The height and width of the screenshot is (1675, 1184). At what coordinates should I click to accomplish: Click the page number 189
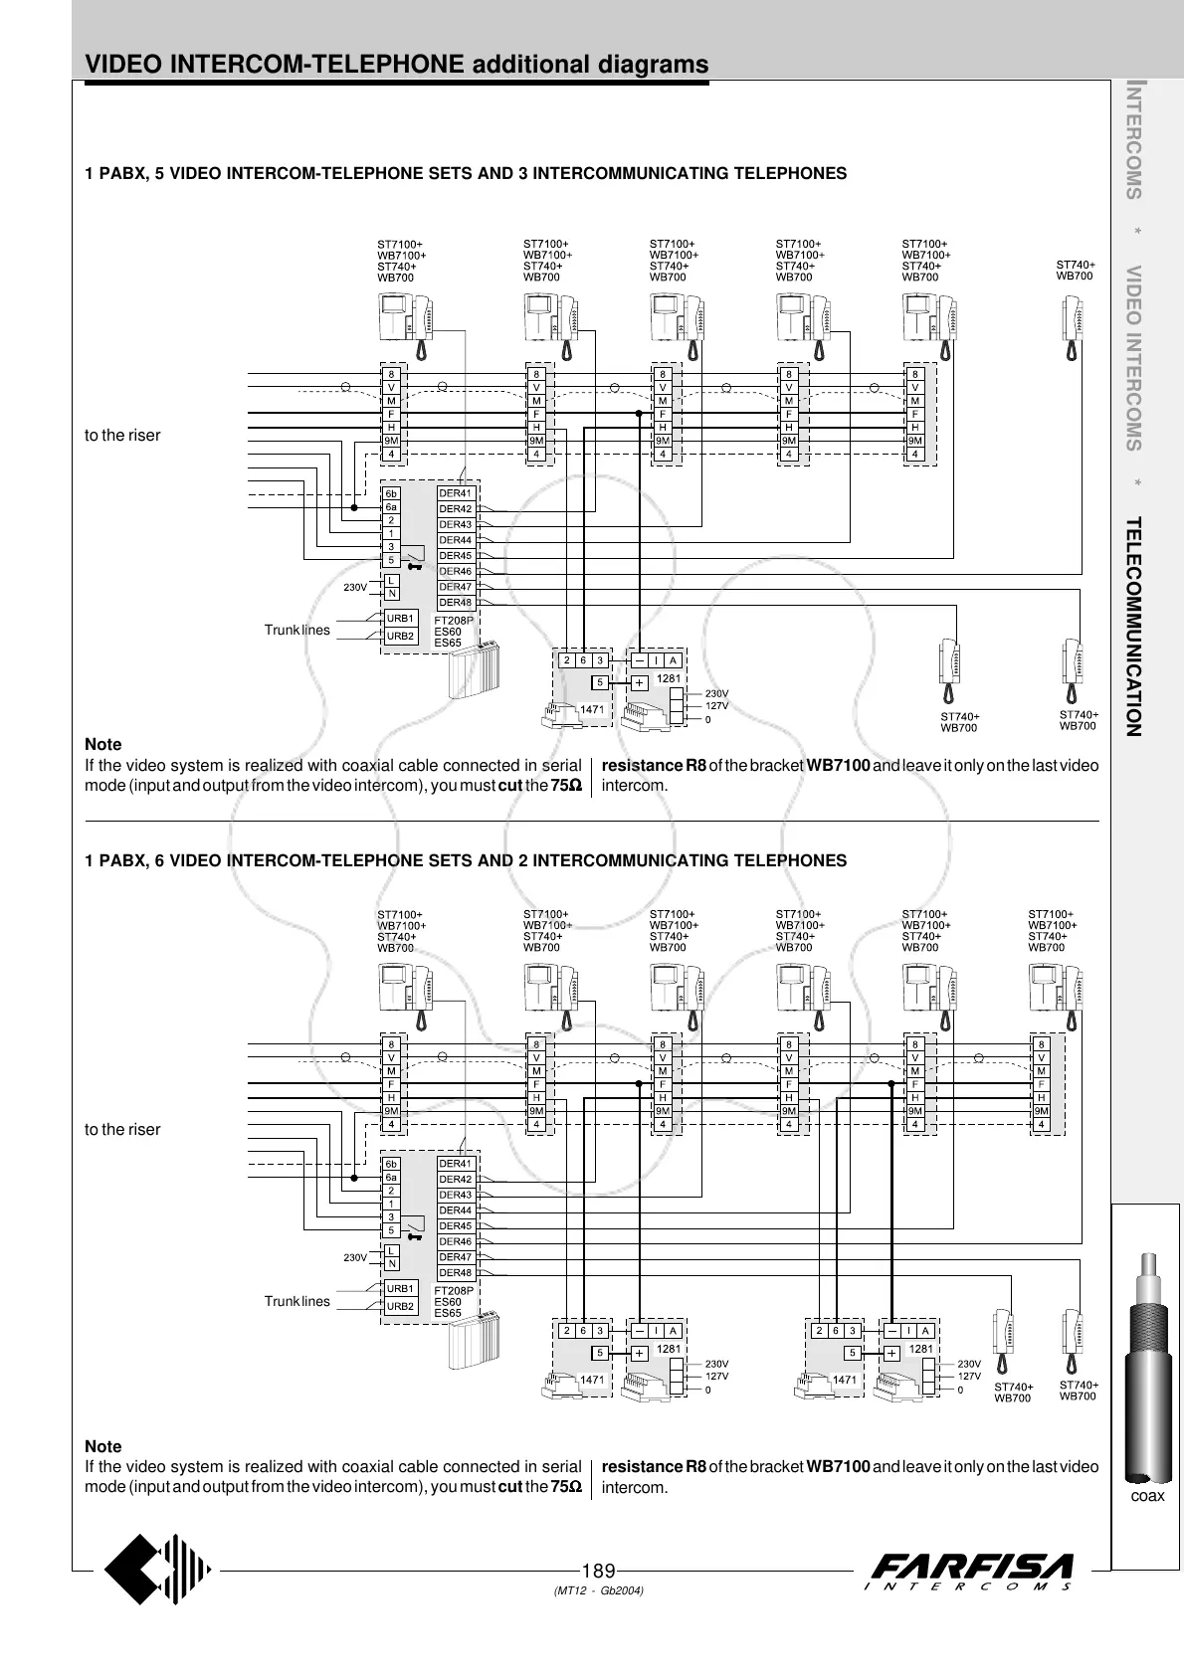coord(598,1571)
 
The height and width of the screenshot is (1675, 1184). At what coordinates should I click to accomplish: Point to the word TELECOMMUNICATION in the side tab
coord(1132,627)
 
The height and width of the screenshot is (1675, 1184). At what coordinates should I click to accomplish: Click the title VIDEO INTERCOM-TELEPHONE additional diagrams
coord(397,65)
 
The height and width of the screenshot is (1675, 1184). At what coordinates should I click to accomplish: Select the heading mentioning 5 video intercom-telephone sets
coord(467,173)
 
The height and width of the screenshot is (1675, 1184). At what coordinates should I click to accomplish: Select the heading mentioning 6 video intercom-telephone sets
coord(467,860)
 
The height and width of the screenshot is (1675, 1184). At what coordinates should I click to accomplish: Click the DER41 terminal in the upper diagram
coord(456,493)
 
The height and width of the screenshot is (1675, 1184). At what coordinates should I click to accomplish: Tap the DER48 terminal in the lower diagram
coord(456,1273)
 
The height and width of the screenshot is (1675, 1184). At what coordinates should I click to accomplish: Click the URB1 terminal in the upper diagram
coord(400,619)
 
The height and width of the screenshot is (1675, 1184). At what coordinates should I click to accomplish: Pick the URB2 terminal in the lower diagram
coord(400,1306)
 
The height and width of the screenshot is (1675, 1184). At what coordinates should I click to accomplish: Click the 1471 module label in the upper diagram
coord(592,709)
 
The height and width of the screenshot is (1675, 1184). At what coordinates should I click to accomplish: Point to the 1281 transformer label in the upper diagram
coord(669,679)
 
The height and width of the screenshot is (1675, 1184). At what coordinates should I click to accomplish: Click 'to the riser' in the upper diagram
coord(122,435)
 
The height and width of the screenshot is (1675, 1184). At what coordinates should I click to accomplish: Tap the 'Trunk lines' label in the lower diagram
coord(296,1301)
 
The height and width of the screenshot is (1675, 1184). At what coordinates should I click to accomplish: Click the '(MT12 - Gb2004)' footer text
coord(598,1591)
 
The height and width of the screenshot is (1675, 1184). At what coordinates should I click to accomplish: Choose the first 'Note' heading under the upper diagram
coord(103,744)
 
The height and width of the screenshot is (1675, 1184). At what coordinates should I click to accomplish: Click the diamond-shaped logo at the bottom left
coord(159,1572)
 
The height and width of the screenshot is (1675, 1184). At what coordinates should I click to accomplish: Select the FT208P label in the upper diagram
coord(454,621)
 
